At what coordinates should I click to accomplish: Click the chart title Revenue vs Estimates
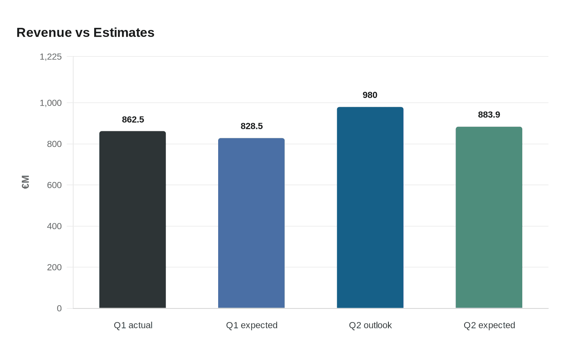point(85,33)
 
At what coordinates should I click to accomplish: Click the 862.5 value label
point(133,119)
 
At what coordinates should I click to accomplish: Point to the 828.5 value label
point(252,126)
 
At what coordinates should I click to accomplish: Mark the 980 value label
point(370,95)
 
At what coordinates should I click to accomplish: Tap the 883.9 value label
point(489,115)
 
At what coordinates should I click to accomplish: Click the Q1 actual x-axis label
point(133,325)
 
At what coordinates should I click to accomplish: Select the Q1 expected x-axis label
point(252,325)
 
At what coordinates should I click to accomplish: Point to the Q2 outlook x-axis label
point(370,325)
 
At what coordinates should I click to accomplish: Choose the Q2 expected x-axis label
point(489,325)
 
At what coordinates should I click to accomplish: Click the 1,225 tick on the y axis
point(51,56)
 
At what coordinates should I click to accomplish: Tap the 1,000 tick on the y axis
point(51,103)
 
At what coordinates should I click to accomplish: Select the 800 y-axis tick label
point(54,144)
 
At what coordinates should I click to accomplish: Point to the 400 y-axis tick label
point(54,226)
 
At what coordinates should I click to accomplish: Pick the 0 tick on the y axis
point(59,308)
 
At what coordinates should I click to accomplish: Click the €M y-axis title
point(25,182)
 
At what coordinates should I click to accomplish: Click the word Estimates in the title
point(124,33)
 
